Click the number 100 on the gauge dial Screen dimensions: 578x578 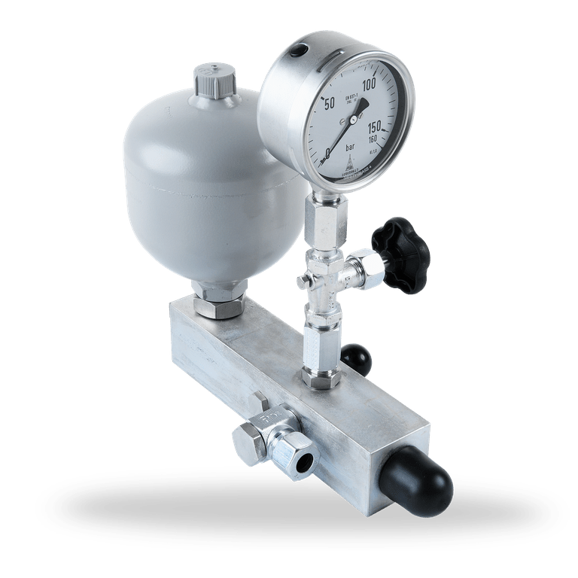point(369,86)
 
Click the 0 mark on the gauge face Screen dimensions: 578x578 point(327,153)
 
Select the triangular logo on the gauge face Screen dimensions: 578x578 point(349,162)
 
